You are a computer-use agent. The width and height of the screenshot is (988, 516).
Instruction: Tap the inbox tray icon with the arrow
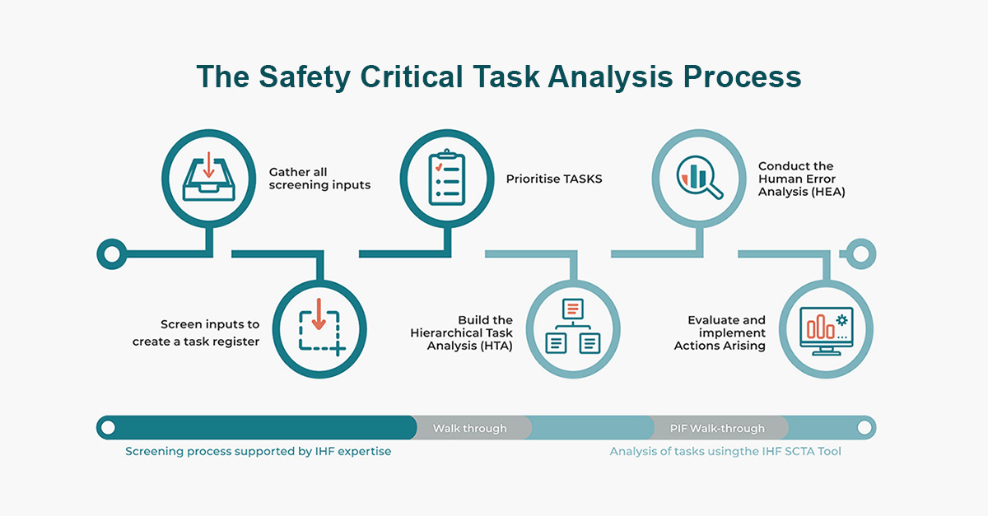point(208,177)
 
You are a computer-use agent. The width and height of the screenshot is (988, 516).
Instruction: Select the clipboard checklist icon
point(447,177)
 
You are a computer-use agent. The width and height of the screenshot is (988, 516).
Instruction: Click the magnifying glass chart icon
point(700,177)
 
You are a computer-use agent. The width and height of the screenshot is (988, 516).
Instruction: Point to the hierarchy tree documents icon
point(573,327)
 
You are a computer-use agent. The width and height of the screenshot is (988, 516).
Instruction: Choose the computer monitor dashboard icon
point(826,331)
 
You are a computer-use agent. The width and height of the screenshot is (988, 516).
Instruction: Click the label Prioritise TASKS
point(554,179)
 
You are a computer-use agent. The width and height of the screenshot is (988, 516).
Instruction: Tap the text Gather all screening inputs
point(319,179)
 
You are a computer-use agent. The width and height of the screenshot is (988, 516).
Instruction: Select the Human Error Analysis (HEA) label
point(801,179)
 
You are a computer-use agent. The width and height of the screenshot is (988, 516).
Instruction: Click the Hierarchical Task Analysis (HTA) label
point(461,333)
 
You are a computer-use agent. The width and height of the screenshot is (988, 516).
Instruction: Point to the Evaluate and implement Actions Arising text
point(720,333)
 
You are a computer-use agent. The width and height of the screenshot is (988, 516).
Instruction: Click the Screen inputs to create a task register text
point(196,333)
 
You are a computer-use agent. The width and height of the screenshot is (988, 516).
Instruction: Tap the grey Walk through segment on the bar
point(471,428)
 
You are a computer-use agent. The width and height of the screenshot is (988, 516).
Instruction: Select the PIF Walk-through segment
point(718,428)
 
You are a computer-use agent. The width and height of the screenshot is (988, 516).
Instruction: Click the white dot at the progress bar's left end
point(108,428)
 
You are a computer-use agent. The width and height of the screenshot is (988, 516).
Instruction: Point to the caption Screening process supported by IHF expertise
point(258,452)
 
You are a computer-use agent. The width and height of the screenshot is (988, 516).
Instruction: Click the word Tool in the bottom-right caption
point(829,452)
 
